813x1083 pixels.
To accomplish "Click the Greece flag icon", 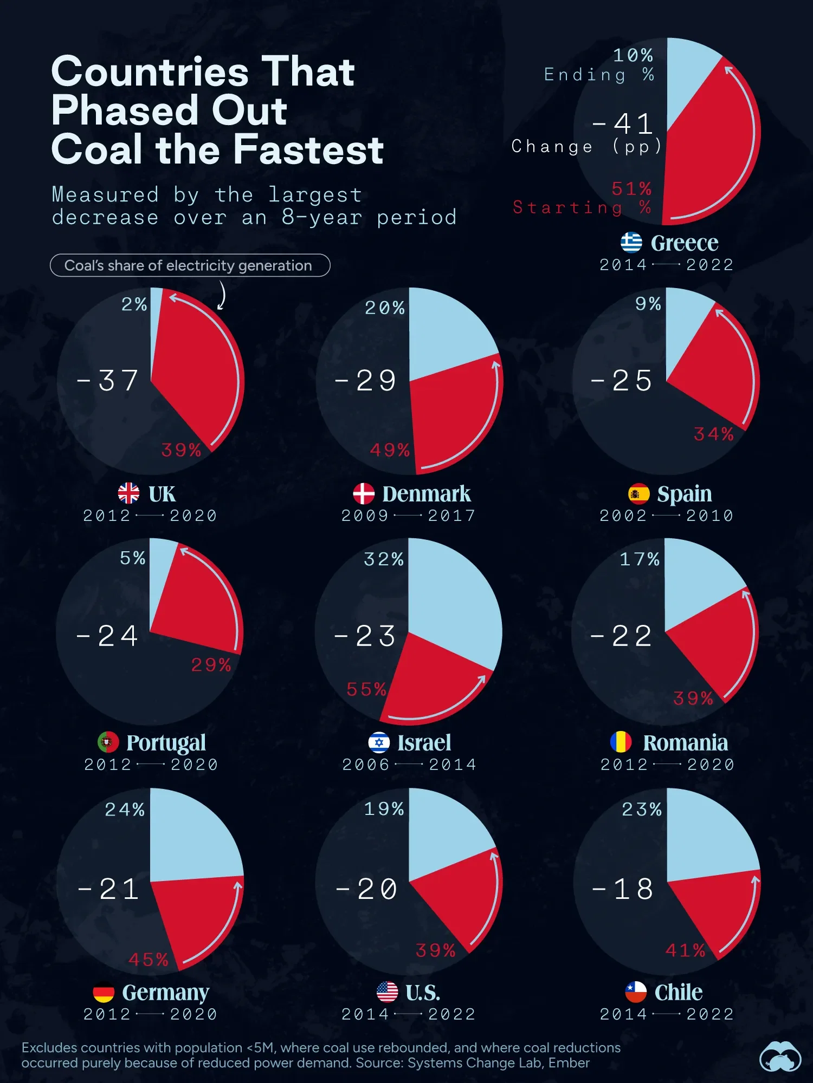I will (x=631, y=243).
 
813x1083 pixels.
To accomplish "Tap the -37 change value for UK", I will (x=107, y=381).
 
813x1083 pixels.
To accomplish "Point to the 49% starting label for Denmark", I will (x=390, y=450).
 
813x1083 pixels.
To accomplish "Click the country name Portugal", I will (x=166, y=743).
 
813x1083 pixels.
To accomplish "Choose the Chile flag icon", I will (x=636, y=992).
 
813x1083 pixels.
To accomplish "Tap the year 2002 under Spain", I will (x=623, y=516).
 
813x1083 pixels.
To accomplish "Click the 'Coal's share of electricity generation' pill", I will (x=190, y=265).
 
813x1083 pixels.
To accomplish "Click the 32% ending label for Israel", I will (x=384, y=559).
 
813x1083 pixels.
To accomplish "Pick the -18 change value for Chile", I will (x=623, y=889).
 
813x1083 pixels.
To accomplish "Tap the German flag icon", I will (x=104, y=993).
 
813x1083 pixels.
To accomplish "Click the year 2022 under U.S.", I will (x=451, y=1014).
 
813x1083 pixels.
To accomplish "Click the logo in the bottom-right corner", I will (x=780, y=1055).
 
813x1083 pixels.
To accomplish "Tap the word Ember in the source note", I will (x=569, y=1063).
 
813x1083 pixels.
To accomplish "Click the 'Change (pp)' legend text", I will (x=586, y=146).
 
